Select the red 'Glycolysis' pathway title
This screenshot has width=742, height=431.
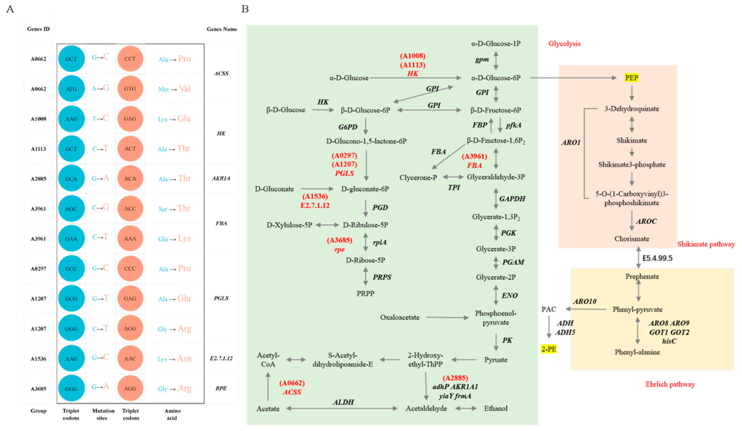pyautogui.click(x=564, y=44)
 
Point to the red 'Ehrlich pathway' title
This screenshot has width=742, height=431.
pyautogui.click(x=670, y=384)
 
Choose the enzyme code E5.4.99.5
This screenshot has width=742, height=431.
pyautogui.click(x=657, y=258)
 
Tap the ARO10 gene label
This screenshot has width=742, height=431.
pyautogui.click(x=584, y=301)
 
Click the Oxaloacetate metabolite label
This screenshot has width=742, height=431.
pyautogui.click(x=400, y=317)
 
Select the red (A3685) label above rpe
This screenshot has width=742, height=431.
pyautogui.click(x=340, y=240)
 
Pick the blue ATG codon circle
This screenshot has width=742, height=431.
pyautogui.click(x=71, y=89)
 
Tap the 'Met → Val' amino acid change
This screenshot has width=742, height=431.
pyautogui.click(x=174, y=89)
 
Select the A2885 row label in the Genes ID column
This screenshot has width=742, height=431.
pyautogui.click(x=39, y=179)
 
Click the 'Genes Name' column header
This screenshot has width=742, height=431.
pyautogui.click(x=222, y=29)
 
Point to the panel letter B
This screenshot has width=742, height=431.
pyautogui.click(x=245, y=9)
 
